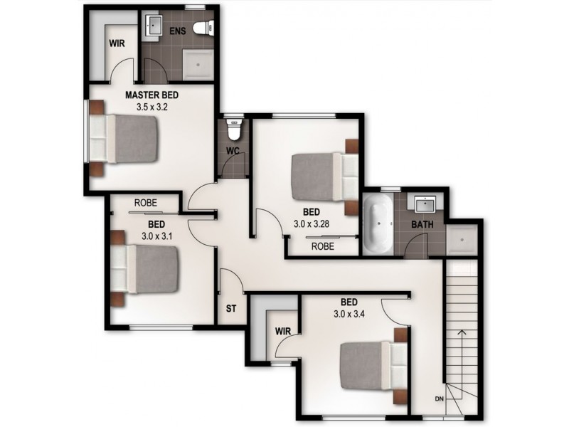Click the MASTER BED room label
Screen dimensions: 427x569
tap(151, 95)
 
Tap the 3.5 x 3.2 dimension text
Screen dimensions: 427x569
tap(151, 107)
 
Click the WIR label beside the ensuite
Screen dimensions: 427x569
tap(117, 43)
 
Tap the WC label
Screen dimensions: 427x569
tap(232, 151)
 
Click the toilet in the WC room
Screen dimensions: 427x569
tap(233, 129)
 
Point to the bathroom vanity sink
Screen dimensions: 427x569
tap(426, 204)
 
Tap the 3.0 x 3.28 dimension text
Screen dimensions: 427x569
tap(311, 223)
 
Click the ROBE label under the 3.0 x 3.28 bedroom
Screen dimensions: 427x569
tap(322, 246)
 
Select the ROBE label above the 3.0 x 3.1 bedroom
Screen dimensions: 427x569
tap(145, 203)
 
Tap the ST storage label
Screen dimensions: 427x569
tap(230, 310)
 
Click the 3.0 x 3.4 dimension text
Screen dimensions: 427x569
tap(349, 312)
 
